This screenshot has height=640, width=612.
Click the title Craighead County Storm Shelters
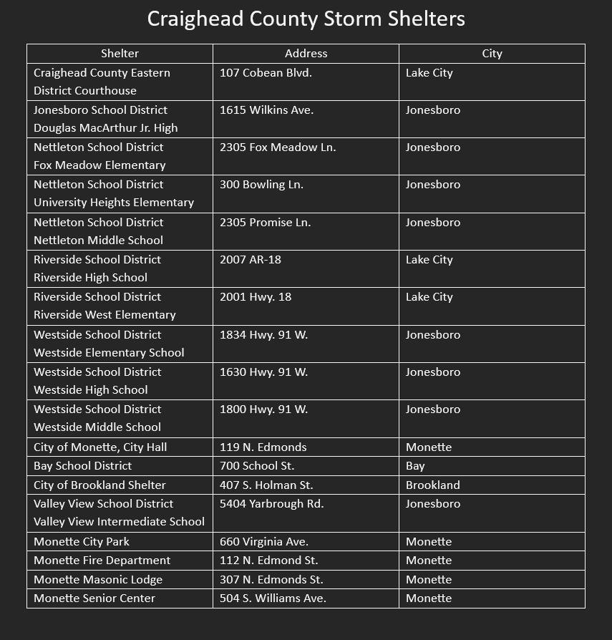[x=306, y=19]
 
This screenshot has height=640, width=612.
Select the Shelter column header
[x=120, y=54]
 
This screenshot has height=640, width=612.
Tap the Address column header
[x=306, y=54]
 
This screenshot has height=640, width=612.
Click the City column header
[x=492, y=54]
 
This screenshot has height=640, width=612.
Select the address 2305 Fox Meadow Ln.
[x=278, y=147]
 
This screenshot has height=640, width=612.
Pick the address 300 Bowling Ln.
[x=261, y=185]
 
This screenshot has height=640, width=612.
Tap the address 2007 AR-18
[x=251, y=260]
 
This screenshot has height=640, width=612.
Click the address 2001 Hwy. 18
[x=256, y=297]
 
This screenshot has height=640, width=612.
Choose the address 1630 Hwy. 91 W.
[x=263, y=372]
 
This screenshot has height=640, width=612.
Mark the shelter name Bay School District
[x=82, y=466]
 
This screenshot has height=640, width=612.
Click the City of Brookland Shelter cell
[x=99, y=485]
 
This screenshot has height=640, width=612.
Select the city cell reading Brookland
[x=432, y=485]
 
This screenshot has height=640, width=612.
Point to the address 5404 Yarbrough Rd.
[x=271, y=504]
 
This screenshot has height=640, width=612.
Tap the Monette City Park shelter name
[x=82, y=542]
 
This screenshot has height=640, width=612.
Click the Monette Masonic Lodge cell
[x=98, y=580]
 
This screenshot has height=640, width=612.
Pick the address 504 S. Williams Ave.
[x=273, y=598]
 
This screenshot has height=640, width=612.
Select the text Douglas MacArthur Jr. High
[x=105, y=128]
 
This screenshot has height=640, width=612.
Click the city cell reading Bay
[x=415, y=466]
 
